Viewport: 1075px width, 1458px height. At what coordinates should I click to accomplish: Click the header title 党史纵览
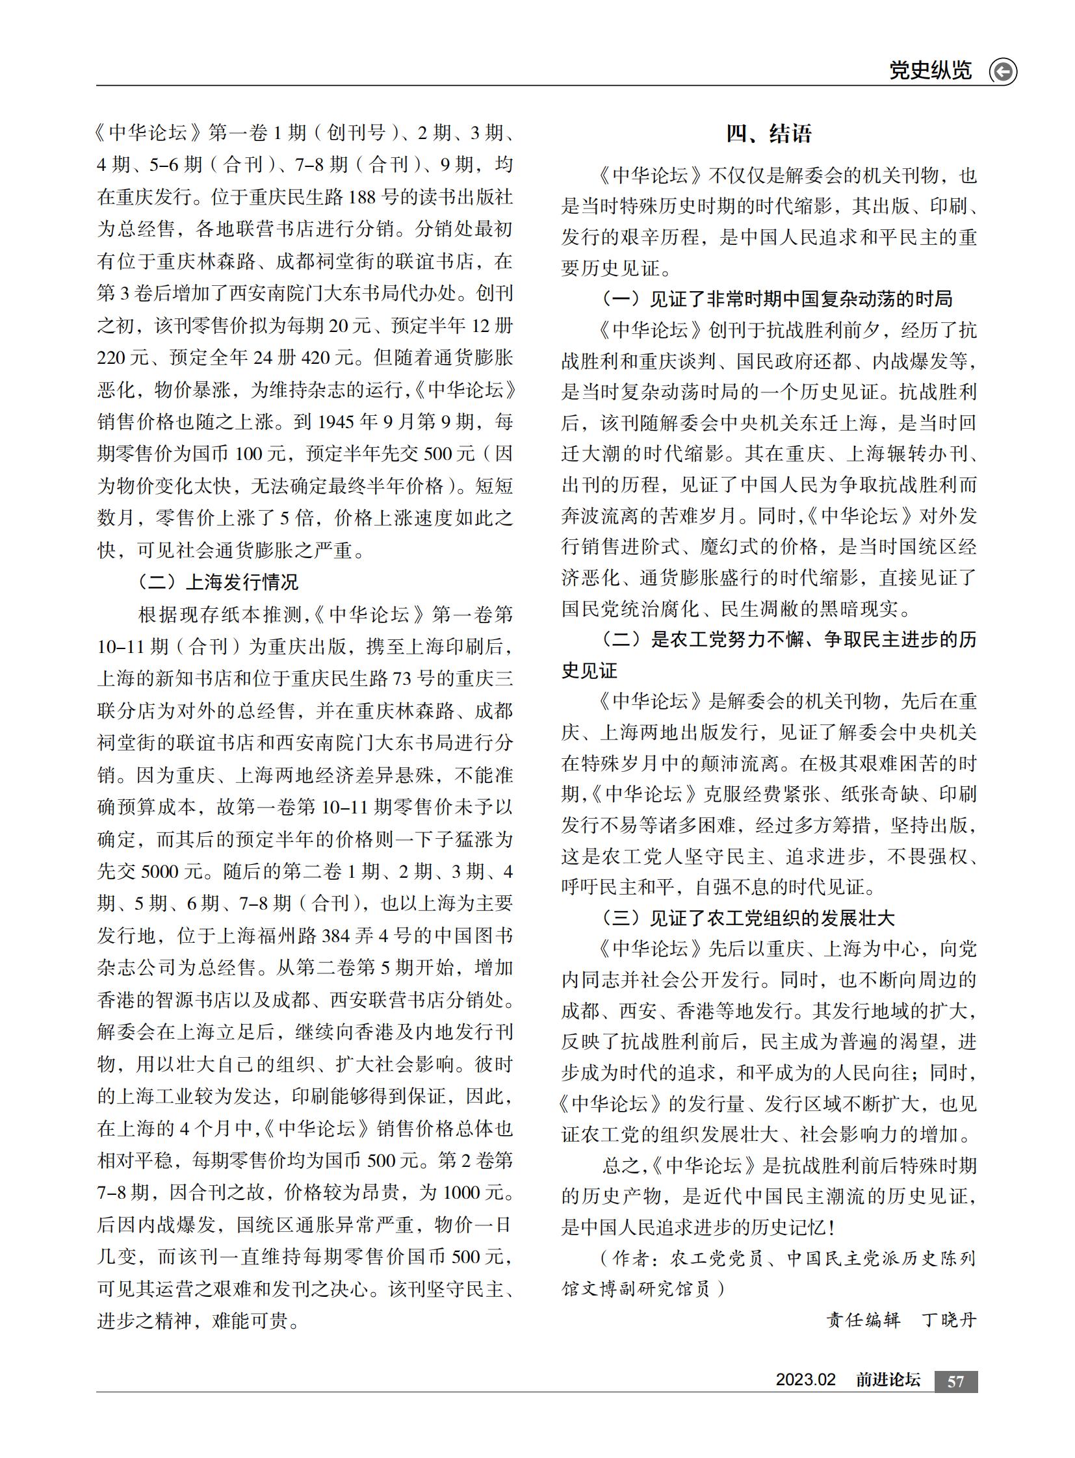click(x=930, y=70)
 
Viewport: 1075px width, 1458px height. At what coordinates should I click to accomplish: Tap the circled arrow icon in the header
click(x=1002, y=71)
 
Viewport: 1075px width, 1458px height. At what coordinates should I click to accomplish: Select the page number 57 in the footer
click(x=955, y=1381)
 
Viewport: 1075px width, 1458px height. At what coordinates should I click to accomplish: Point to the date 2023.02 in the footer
click(x=805, y=1380)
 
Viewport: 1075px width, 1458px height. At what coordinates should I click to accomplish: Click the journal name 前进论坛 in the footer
click(x=888, y=1380)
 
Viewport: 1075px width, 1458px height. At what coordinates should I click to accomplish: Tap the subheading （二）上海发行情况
click(x=217, y=582)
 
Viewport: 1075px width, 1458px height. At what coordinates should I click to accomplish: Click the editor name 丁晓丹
click(x=950, y=1320)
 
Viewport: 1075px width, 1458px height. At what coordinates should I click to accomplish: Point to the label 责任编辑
click(x=863, y=1320)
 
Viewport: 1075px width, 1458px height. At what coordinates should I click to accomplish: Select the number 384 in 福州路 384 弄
click(x=336, y=936)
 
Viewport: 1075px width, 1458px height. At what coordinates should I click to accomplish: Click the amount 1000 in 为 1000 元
click(x=463, y=1192)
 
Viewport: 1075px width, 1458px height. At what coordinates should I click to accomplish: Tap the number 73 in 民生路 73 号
click(x=401, y=678)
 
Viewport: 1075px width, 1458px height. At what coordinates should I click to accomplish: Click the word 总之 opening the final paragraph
click(x=621, y=1165)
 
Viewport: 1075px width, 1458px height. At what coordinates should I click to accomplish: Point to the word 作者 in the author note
click(x=630, y=1259)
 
